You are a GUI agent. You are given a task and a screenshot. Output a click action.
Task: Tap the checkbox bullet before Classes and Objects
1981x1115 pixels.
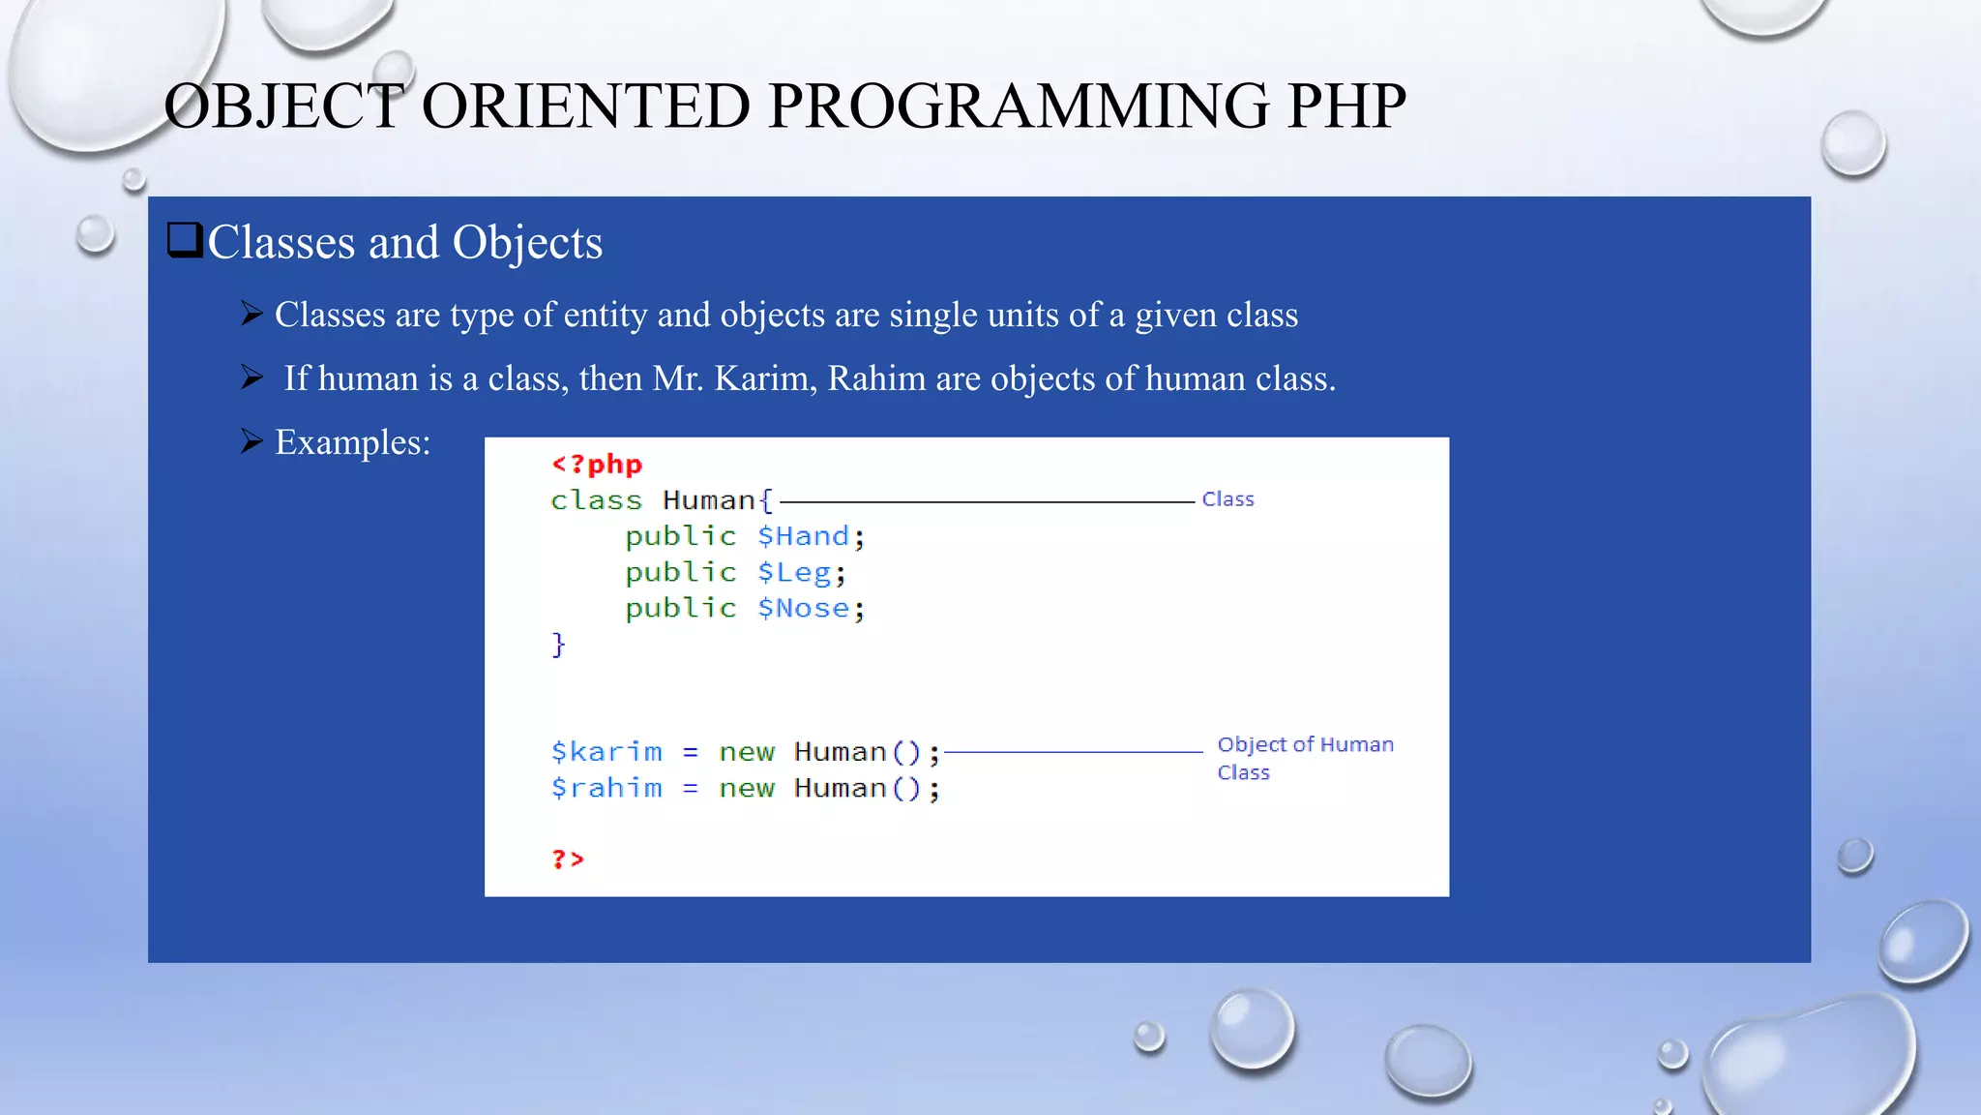click(184, 240)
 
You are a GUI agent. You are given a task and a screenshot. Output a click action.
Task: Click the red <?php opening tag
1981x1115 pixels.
click(597, 465)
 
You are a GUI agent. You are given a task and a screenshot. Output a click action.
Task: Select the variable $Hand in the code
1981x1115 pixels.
click(803, 536)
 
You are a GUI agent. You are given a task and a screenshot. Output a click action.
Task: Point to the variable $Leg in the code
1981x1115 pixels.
click(793, 573)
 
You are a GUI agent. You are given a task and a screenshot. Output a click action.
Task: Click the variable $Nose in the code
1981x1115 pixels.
click(803, 609)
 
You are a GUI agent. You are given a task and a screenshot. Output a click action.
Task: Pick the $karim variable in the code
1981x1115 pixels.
click(606, 752)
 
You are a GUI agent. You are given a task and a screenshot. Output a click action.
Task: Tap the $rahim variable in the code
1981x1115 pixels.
click(606, 788)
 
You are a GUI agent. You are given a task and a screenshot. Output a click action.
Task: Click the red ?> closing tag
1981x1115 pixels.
click(568, 859)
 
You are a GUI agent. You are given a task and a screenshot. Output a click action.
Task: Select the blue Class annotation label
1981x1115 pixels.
click(1227, 499)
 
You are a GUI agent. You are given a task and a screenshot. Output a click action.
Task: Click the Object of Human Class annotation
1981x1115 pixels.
click(1304, 758)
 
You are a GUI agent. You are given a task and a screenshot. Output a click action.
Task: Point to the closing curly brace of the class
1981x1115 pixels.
click(558, 645)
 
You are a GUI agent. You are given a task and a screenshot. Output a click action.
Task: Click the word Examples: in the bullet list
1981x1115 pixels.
click(352, 442)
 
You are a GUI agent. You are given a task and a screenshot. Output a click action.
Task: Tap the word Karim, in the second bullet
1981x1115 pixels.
click(765, 378)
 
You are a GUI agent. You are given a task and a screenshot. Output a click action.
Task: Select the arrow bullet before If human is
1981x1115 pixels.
click(251, 377)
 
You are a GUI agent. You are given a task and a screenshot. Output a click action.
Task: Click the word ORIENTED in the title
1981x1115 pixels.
click(585, 106)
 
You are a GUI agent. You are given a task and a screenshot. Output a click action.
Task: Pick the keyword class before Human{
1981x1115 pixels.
click(596, 500)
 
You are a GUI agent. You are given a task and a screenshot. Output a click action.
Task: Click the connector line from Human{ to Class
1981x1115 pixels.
click(987, 502)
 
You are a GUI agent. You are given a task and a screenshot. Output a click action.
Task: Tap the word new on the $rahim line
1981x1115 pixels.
click(746, 789)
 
